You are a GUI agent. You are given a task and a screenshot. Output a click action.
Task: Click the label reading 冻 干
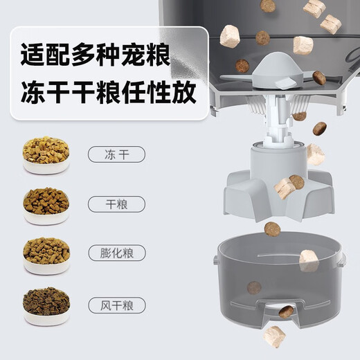(x=116, y=154)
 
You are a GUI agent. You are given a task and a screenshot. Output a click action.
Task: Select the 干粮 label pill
(x=116, y=204)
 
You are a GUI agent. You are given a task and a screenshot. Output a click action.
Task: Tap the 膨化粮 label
(x=117, y=253)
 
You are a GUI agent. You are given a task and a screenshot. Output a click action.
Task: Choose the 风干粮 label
(x=117, y=305)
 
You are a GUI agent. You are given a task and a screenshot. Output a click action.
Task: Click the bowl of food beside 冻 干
(x=46, y=155)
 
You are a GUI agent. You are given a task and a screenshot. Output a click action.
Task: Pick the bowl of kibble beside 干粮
(x=46, y=206)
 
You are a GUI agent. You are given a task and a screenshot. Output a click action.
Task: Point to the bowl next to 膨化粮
(x=46, y=256)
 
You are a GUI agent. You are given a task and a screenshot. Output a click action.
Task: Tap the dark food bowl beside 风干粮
(x=46, y=306)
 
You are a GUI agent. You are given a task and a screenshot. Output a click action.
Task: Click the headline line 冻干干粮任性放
(x=109, y=91)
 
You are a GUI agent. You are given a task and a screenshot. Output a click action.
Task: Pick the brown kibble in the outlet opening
(x=286, y=312)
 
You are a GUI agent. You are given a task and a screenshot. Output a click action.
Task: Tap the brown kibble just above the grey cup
(x=272, y=229)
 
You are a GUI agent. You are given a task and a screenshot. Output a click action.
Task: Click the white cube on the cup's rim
(x=309, y=261)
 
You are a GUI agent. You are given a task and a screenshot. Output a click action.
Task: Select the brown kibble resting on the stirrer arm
(x=319, y=78)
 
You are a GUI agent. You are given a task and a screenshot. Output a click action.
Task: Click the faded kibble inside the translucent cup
(x=254, y=288)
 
